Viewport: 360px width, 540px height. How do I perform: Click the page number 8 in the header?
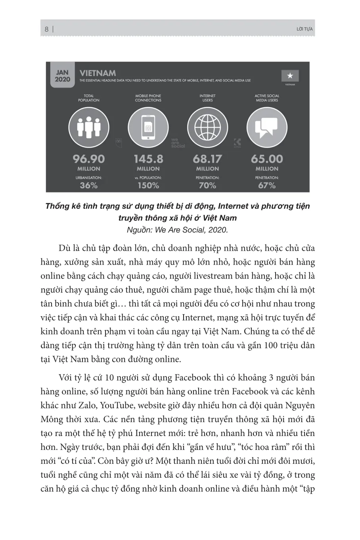(47, 29)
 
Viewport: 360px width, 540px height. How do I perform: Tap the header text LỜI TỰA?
(304, 29)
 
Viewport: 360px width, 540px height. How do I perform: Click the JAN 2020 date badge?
(63, 76)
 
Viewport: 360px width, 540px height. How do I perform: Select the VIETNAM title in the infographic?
(98, 73)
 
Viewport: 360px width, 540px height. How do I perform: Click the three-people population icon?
(88, 127)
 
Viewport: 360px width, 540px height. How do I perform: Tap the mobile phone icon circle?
(148, 127)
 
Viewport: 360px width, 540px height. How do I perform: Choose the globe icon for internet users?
(207, 127)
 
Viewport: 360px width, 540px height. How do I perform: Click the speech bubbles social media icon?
(267, 127)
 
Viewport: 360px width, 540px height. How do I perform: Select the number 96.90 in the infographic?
(88, 159)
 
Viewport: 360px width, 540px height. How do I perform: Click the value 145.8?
(148, 159)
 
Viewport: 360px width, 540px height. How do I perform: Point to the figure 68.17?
(207, 159)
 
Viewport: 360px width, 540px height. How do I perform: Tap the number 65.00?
(267, 159)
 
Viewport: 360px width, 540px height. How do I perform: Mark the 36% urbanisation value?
(88, 185)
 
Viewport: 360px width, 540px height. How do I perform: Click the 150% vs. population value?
(148, 185)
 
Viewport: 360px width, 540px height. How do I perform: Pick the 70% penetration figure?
(207, 185)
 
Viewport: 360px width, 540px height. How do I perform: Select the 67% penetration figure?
(267, 185)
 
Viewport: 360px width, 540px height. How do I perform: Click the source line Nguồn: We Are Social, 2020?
(177, 229)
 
